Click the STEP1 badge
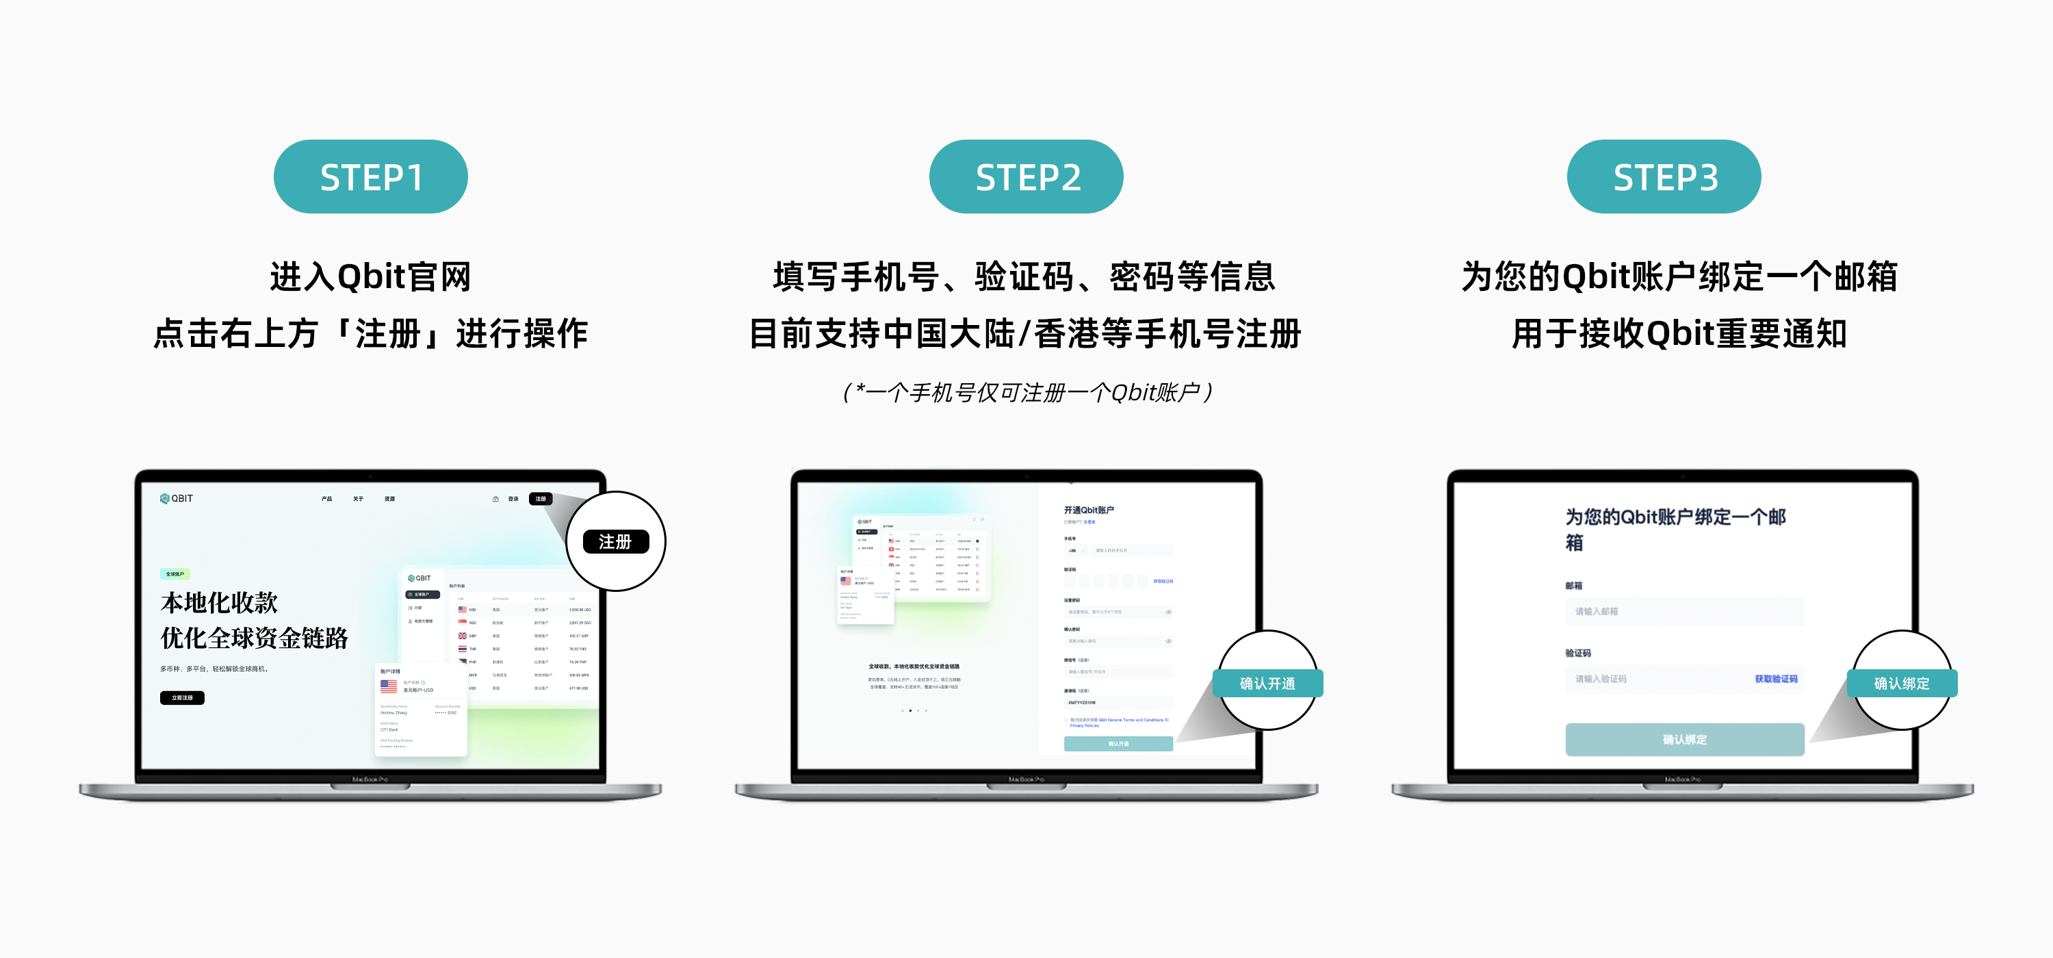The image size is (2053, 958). coord(371,177)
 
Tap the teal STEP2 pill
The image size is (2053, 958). coord(1026,177)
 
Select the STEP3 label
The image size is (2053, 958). coord(1664,177)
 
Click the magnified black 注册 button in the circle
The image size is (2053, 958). coord(615,542)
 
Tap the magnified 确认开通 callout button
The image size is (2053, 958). coord(1267,683)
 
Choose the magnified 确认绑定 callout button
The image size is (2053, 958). coord(1902,683)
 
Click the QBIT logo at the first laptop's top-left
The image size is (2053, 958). coord(177,499)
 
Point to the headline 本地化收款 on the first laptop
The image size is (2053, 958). coord(219,603)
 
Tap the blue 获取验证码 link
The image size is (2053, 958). coord(1776,679)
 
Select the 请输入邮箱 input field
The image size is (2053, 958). coord(1683,611)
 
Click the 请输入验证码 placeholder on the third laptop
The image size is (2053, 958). coord(1602,679)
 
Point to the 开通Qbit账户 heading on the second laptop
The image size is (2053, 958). coord(1089,510)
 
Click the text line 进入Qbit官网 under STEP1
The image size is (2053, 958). coord(371,276)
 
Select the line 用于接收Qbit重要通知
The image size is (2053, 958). coord(1679,333)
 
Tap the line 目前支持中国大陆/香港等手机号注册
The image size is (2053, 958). coord(1026,333)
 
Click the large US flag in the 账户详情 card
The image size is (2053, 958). coord(389,686)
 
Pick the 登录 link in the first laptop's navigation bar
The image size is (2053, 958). coord(513,499)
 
